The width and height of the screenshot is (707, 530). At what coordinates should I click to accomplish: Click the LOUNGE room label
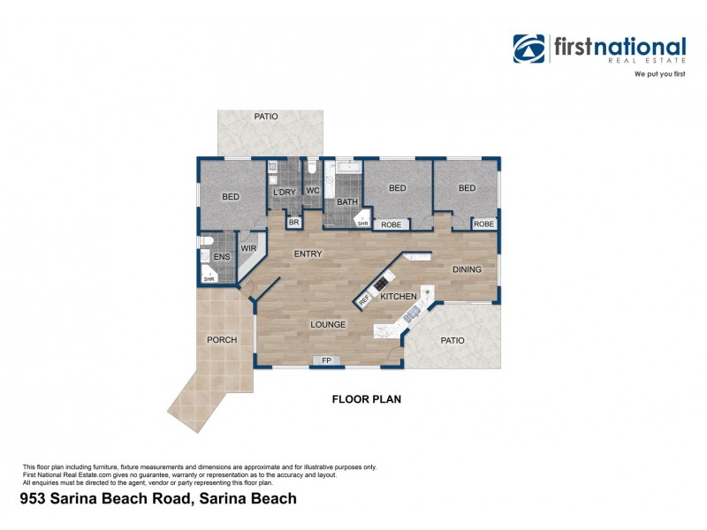point(328,325)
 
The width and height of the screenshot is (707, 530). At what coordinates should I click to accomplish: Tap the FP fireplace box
point(326,360)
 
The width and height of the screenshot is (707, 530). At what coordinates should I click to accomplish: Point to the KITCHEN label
point(399,297)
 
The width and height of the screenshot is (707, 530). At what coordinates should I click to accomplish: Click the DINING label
point(468,269)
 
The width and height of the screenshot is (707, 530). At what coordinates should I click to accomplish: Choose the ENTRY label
point(308,254)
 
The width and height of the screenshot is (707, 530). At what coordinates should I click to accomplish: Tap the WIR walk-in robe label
point(248,250)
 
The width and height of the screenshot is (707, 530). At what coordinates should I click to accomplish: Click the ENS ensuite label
point(221,258)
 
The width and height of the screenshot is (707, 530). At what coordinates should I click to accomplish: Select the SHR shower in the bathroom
point(362,223)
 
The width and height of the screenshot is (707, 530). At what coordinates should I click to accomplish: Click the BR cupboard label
point(293,223)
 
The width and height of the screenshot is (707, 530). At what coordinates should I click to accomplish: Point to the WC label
point(312,191)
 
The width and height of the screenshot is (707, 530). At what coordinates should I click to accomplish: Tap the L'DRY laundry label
point(284,192)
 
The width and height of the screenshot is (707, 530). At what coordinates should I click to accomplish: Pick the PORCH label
point(222,340)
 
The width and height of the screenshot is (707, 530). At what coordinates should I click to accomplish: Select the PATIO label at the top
point(266,116)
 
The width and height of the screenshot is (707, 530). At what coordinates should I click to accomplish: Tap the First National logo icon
point(529,49)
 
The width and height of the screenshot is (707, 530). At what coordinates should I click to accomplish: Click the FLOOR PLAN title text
point(366,399)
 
